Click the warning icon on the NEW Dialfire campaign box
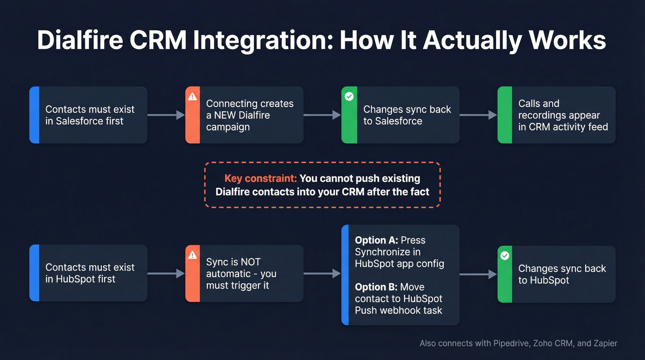click(x=193, y=96)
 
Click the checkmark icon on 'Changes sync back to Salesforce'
click(x=349, y=96)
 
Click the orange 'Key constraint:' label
click(x=260, y=179)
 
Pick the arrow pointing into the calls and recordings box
click(x=478, y=115)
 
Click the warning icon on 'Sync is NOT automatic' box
click(x=193, y=255)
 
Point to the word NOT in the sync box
click(x=251, y=262)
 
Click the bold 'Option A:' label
click(x=376, y=240)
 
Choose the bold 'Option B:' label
click(x=376, y=287)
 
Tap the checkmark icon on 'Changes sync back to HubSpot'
click(x=505, y=255)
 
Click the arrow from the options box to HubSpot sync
click(x=478, y=274)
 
